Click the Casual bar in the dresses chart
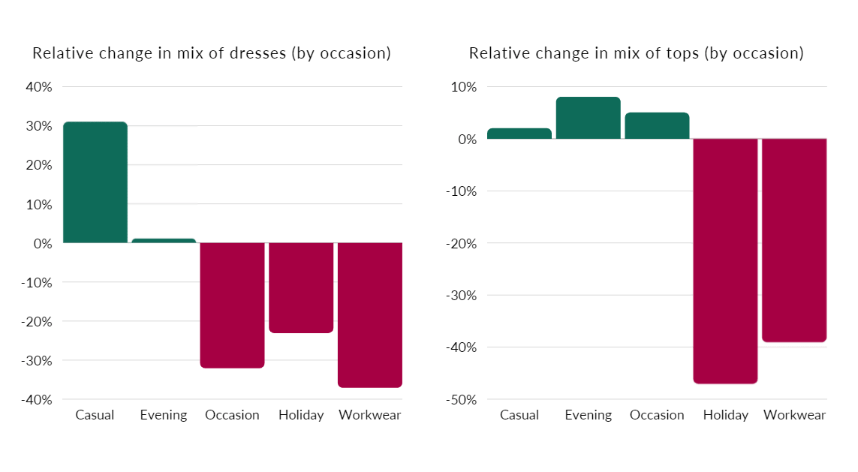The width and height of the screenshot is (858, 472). click(x=95, y=182)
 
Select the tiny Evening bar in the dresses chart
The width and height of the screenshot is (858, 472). click(x=164, y=241)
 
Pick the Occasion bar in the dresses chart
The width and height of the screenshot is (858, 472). click(x=233, y=305)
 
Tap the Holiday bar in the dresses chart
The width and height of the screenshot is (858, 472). click(x=301, y=287)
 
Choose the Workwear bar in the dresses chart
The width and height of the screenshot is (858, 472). click(x=370, y=315)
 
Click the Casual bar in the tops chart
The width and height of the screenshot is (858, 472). click(x=519, y=134)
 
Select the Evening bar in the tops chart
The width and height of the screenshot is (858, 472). click(x=589, y=118)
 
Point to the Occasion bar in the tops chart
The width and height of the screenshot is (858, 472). click(x=657, y=126)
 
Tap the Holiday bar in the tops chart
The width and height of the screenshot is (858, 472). click(x=725, y=261)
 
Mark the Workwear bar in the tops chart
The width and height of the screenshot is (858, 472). click(x=794, y=240)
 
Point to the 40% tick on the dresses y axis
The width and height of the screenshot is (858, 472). click(x=39, y=87)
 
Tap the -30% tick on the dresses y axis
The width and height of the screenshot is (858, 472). click(x=37, y=360)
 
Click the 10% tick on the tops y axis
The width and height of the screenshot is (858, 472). click(x=464, y=87)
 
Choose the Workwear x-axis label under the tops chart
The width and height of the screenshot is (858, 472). click(x=794, y=415)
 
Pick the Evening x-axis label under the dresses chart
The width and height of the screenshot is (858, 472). click(x=164, y=415)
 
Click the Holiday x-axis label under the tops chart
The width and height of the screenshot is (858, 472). click(x=725, y=415)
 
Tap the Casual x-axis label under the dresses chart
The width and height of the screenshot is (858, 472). click(x=95, y=415)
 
